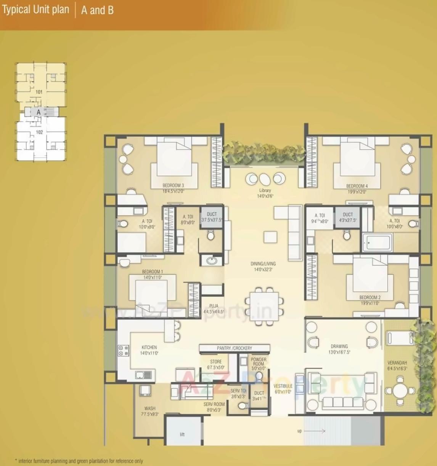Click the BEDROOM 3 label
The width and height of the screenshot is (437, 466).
point(173,186)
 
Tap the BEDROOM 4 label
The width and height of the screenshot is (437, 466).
point(357,186)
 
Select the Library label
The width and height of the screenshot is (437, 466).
point(265,190)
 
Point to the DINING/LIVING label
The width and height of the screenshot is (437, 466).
point(263,263)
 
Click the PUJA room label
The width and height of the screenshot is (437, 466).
point(214,306)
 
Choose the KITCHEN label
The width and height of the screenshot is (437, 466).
point(149,347)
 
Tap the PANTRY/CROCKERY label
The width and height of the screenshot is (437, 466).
point(235,348)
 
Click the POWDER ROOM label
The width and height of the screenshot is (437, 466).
point(259,361)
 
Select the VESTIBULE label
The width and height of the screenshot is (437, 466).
point(283,386)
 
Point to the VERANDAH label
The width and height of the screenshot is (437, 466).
point(397,363)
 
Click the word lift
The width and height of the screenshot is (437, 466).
point(182,434)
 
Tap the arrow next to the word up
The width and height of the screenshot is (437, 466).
point(315,431)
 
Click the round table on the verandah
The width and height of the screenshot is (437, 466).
point(400,391)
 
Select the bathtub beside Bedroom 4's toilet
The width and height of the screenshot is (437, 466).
point(377,243)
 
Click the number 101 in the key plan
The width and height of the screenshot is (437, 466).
point(39,92)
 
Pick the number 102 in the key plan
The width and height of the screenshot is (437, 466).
point(39,132)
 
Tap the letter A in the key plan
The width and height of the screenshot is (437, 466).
point(39,112)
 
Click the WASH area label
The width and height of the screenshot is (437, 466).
point(150,409)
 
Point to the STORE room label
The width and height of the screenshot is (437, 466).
point(216,362)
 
